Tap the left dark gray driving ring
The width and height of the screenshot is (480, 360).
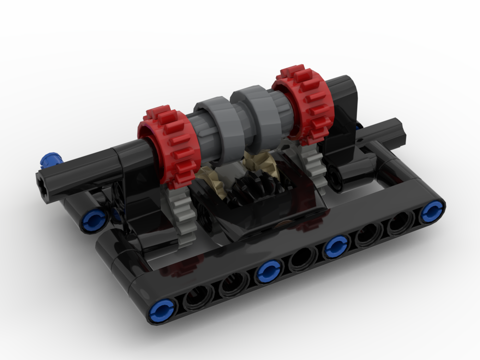click(217, 130)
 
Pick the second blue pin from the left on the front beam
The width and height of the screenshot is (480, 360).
click(267, 272)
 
